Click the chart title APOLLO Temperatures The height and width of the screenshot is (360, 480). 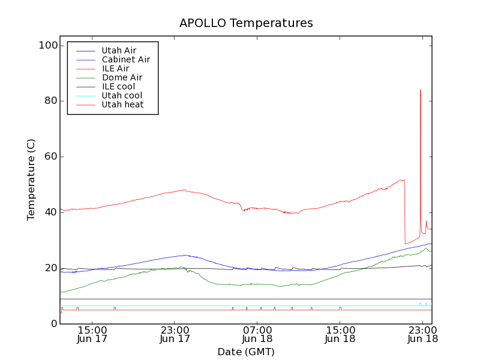[246, 23]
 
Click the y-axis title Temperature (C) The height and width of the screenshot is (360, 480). [31, 179]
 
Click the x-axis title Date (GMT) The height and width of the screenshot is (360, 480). [246, 352]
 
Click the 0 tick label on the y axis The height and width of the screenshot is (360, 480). [55, 324]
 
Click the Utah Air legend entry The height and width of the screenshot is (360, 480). [119, 50]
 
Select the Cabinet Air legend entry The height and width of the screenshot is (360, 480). [125, 59]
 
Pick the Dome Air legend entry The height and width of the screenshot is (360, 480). [122, 77]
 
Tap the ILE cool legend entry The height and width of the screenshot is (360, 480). [118, 86]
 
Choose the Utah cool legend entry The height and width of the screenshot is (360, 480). [122, 95]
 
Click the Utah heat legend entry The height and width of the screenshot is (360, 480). [122, 104]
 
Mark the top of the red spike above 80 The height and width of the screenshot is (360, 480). [421, 90]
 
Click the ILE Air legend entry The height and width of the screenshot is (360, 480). [115, 68]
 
